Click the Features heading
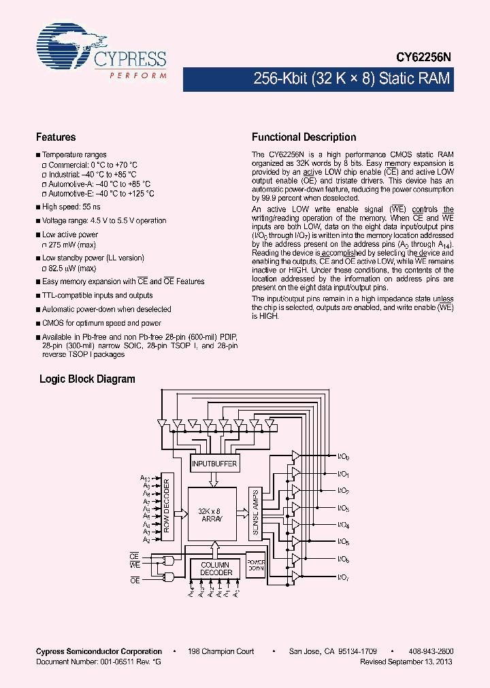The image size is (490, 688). click(x=56, y=137)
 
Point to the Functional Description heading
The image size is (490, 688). click(x=304, y=137)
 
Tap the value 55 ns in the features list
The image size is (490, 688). click(x=91, y=207)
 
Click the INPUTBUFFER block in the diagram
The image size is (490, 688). click(x=214, y=464)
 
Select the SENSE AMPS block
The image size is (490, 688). click(x=255, y=511)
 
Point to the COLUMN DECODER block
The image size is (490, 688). click(x=215, y=568)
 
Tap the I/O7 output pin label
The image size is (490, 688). click(x=344, y=578)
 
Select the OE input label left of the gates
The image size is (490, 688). click(x=135, y=580)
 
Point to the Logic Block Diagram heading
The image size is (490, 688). click(x=87, y=379)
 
